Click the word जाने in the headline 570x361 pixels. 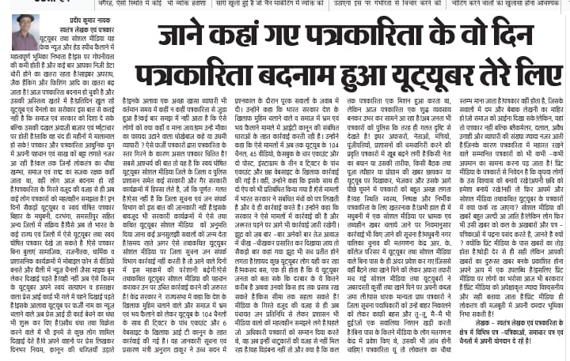(x=179, y=37)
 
